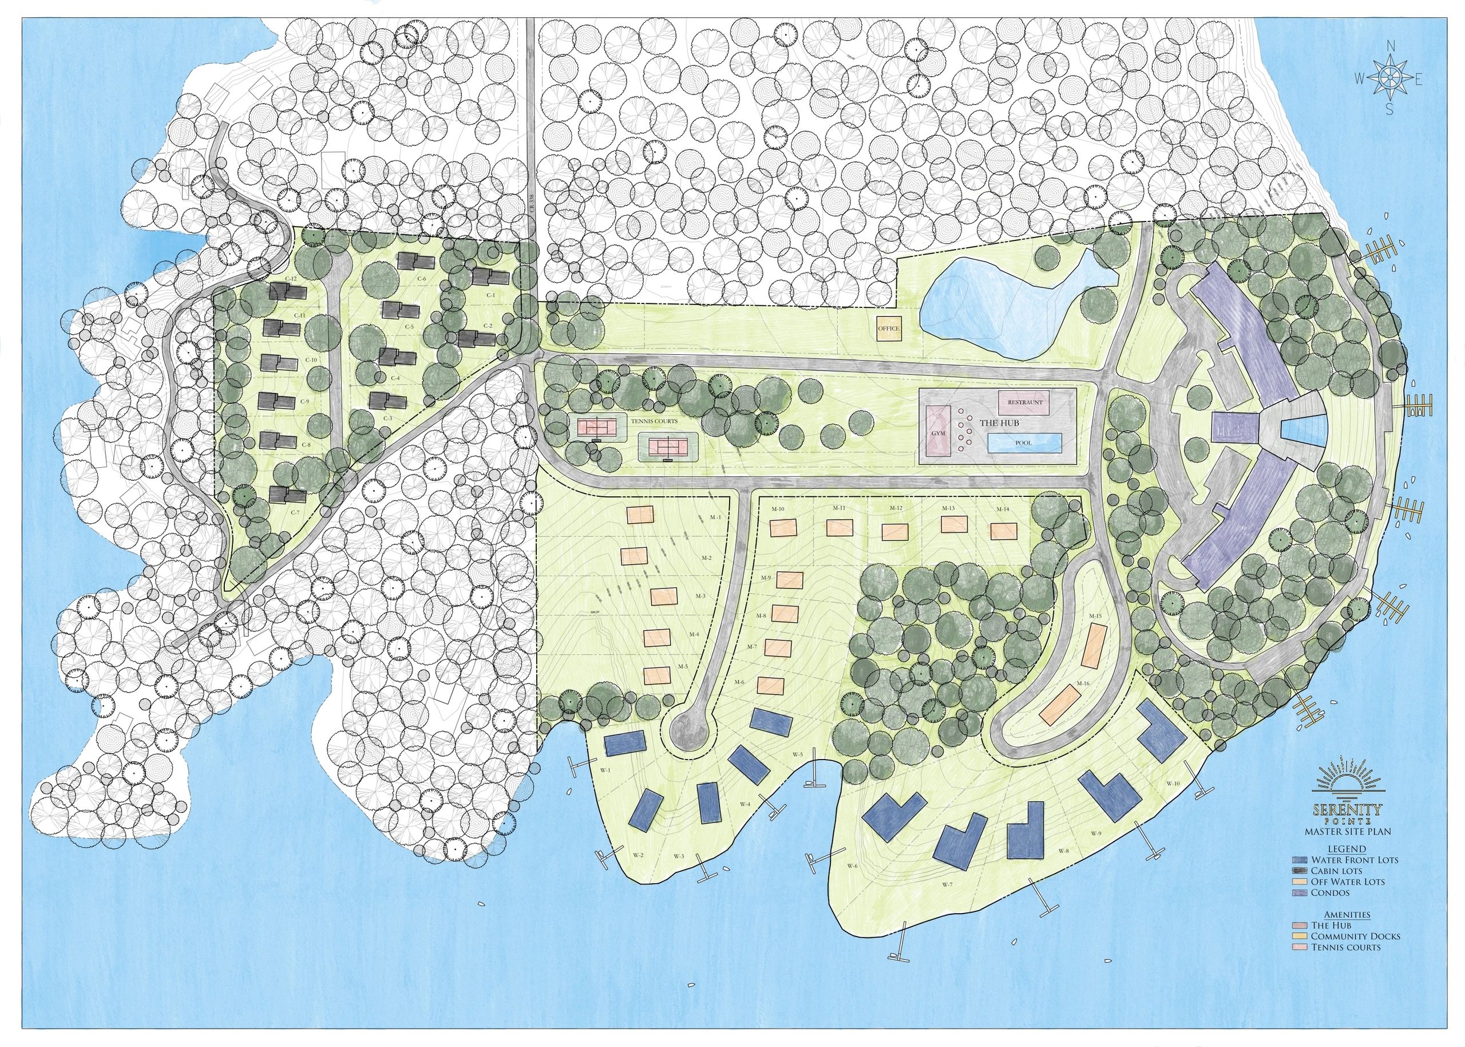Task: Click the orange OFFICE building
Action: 888,329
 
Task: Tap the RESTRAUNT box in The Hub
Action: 1024,402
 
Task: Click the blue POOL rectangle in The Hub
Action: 1024,443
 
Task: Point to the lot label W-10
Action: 1173,783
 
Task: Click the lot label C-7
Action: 296,512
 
